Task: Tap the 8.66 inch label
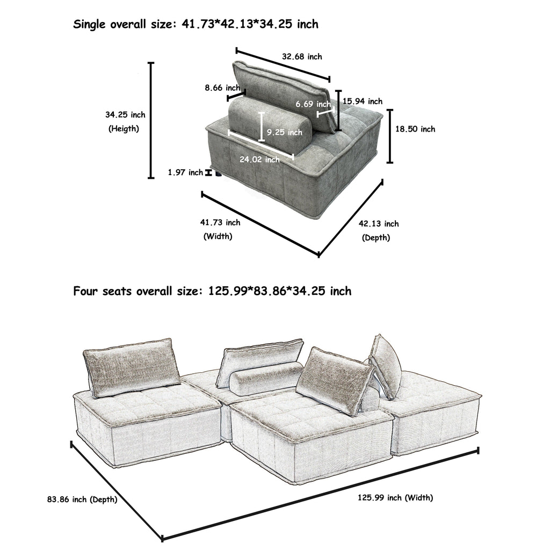click(222, 88)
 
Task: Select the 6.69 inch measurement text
click(313, 104)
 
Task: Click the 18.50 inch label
click(415, 129)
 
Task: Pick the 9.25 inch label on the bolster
click(284, 132)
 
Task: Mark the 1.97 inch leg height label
click(185, 172)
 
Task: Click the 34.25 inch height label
click(125, 114)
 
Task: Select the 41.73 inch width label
click(220, 222)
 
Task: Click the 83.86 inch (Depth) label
click(82, 500)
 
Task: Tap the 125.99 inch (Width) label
click(395, 498)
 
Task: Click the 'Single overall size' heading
click(196, 24)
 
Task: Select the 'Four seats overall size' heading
click(212, 291)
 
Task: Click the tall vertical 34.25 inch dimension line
click(151, 120)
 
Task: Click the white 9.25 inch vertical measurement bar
click(262, 127)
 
